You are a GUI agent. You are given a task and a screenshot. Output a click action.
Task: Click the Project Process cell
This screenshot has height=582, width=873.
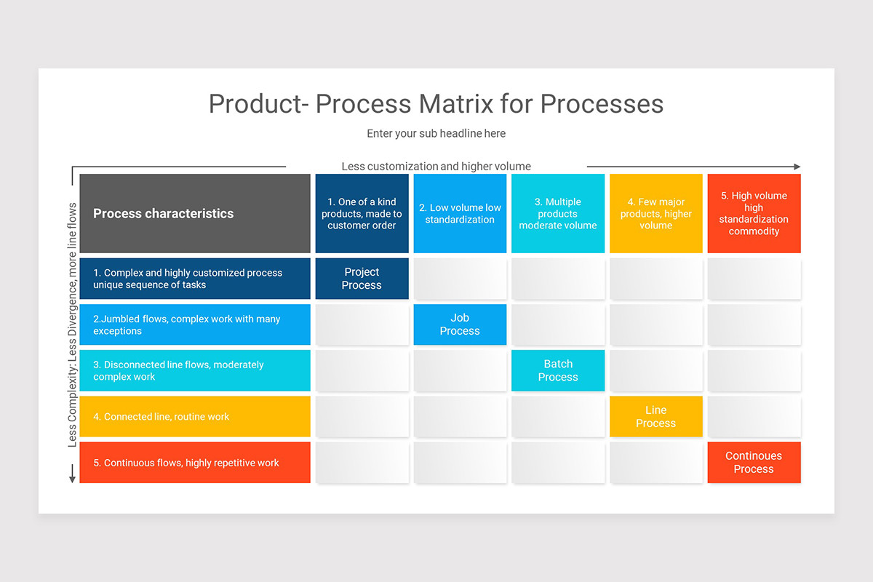click(x=362, y=279)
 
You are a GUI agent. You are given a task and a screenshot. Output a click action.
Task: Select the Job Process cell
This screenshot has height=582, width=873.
click(x=460, y=324)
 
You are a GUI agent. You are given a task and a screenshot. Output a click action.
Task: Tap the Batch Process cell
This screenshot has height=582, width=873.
click(x=558, y=370)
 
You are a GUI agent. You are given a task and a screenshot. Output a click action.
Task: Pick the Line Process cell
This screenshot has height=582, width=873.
click(x=656, y=416)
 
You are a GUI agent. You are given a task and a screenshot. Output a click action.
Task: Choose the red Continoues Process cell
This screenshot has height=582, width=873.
click(x=754, y=462)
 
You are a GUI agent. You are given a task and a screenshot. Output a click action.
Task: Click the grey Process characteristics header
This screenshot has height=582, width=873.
click(x=195, y=213)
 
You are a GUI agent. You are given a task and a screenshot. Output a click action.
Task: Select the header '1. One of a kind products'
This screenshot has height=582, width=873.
click(x=362, y=213)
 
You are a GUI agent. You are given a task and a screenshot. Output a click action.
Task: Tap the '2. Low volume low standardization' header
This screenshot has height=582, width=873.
click(x=460, y=213)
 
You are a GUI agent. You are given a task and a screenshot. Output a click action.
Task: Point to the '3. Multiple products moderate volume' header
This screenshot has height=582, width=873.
click(x=558, y=213)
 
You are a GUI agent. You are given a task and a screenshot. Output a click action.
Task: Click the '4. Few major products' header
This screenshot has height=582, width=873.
click(x=656, y=213)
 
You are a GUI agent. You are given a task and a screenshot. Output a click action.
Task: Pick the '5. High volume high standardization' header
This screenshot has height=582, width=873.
click(x=754, y=213)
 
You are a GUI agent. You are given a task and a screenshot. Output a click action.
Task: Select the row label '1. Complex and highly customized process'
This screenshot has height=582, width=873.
click(x=195, y=279)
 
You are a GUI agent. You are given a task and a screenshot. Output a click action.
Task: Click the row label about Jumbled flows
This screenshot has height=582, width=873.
click(x=195, y=324)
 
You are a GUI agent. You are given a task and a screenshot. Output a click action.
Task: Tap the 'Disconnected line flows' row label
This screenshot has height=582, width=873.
click(x=195, y=370)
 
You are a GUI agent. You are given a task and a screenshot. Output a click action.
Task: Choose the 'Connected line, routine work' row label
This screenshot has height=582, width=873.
click(x=195, y=416)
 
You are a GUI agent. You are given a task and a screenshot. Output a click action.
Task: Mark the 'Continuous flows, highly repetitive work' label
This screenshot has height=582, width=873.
click(x=195, y=462)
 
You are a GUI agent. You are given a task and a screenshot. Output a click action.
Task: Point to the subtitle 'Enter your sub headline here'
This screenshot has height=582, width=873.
click(x=436, y=133)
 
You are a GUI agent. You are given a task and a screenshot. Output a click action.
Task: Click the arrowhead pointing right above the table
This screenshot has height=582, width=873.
click(x=797, y=167)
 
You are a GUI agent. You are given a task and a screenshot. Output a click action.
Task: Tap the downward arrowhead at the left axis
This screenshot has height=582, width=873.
click(x=72, y=479)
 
